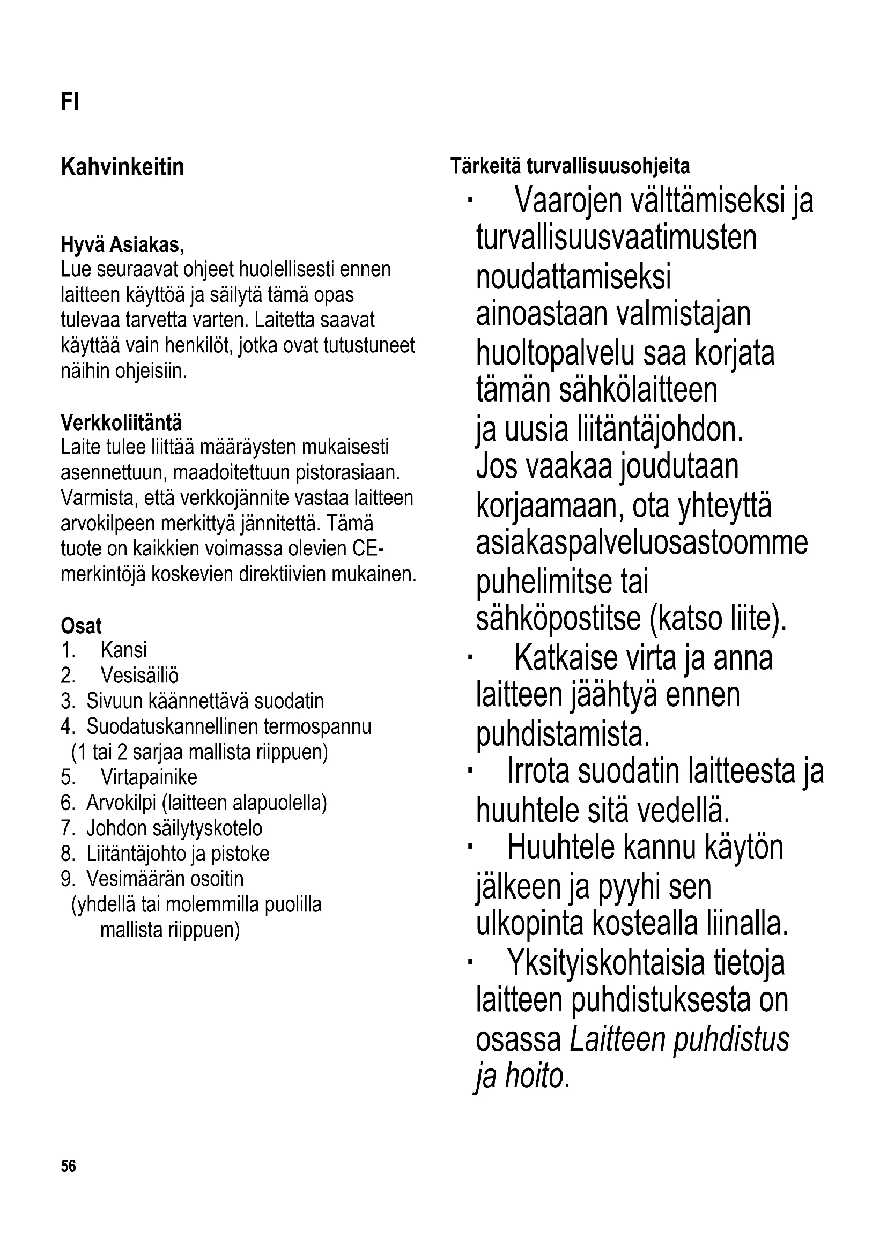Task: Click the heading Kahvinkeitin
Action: click(122, 167)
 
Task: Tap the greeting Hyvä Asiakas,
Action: click(122, 245)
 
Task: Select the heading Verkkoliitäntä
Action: click(121, 422)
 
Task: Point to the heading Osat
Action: click(82, 625)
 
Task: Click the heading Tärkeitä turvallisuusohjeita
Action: click(570, 166)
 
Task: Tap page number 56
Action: click(69, 1167)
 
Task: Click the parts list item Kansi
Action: click(123, 650)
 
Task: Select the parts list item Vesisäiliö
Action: click(139, 676)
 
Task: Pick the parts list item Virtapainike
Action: click(149, 777)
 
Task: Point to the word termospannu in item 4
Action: click(317, 727)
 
